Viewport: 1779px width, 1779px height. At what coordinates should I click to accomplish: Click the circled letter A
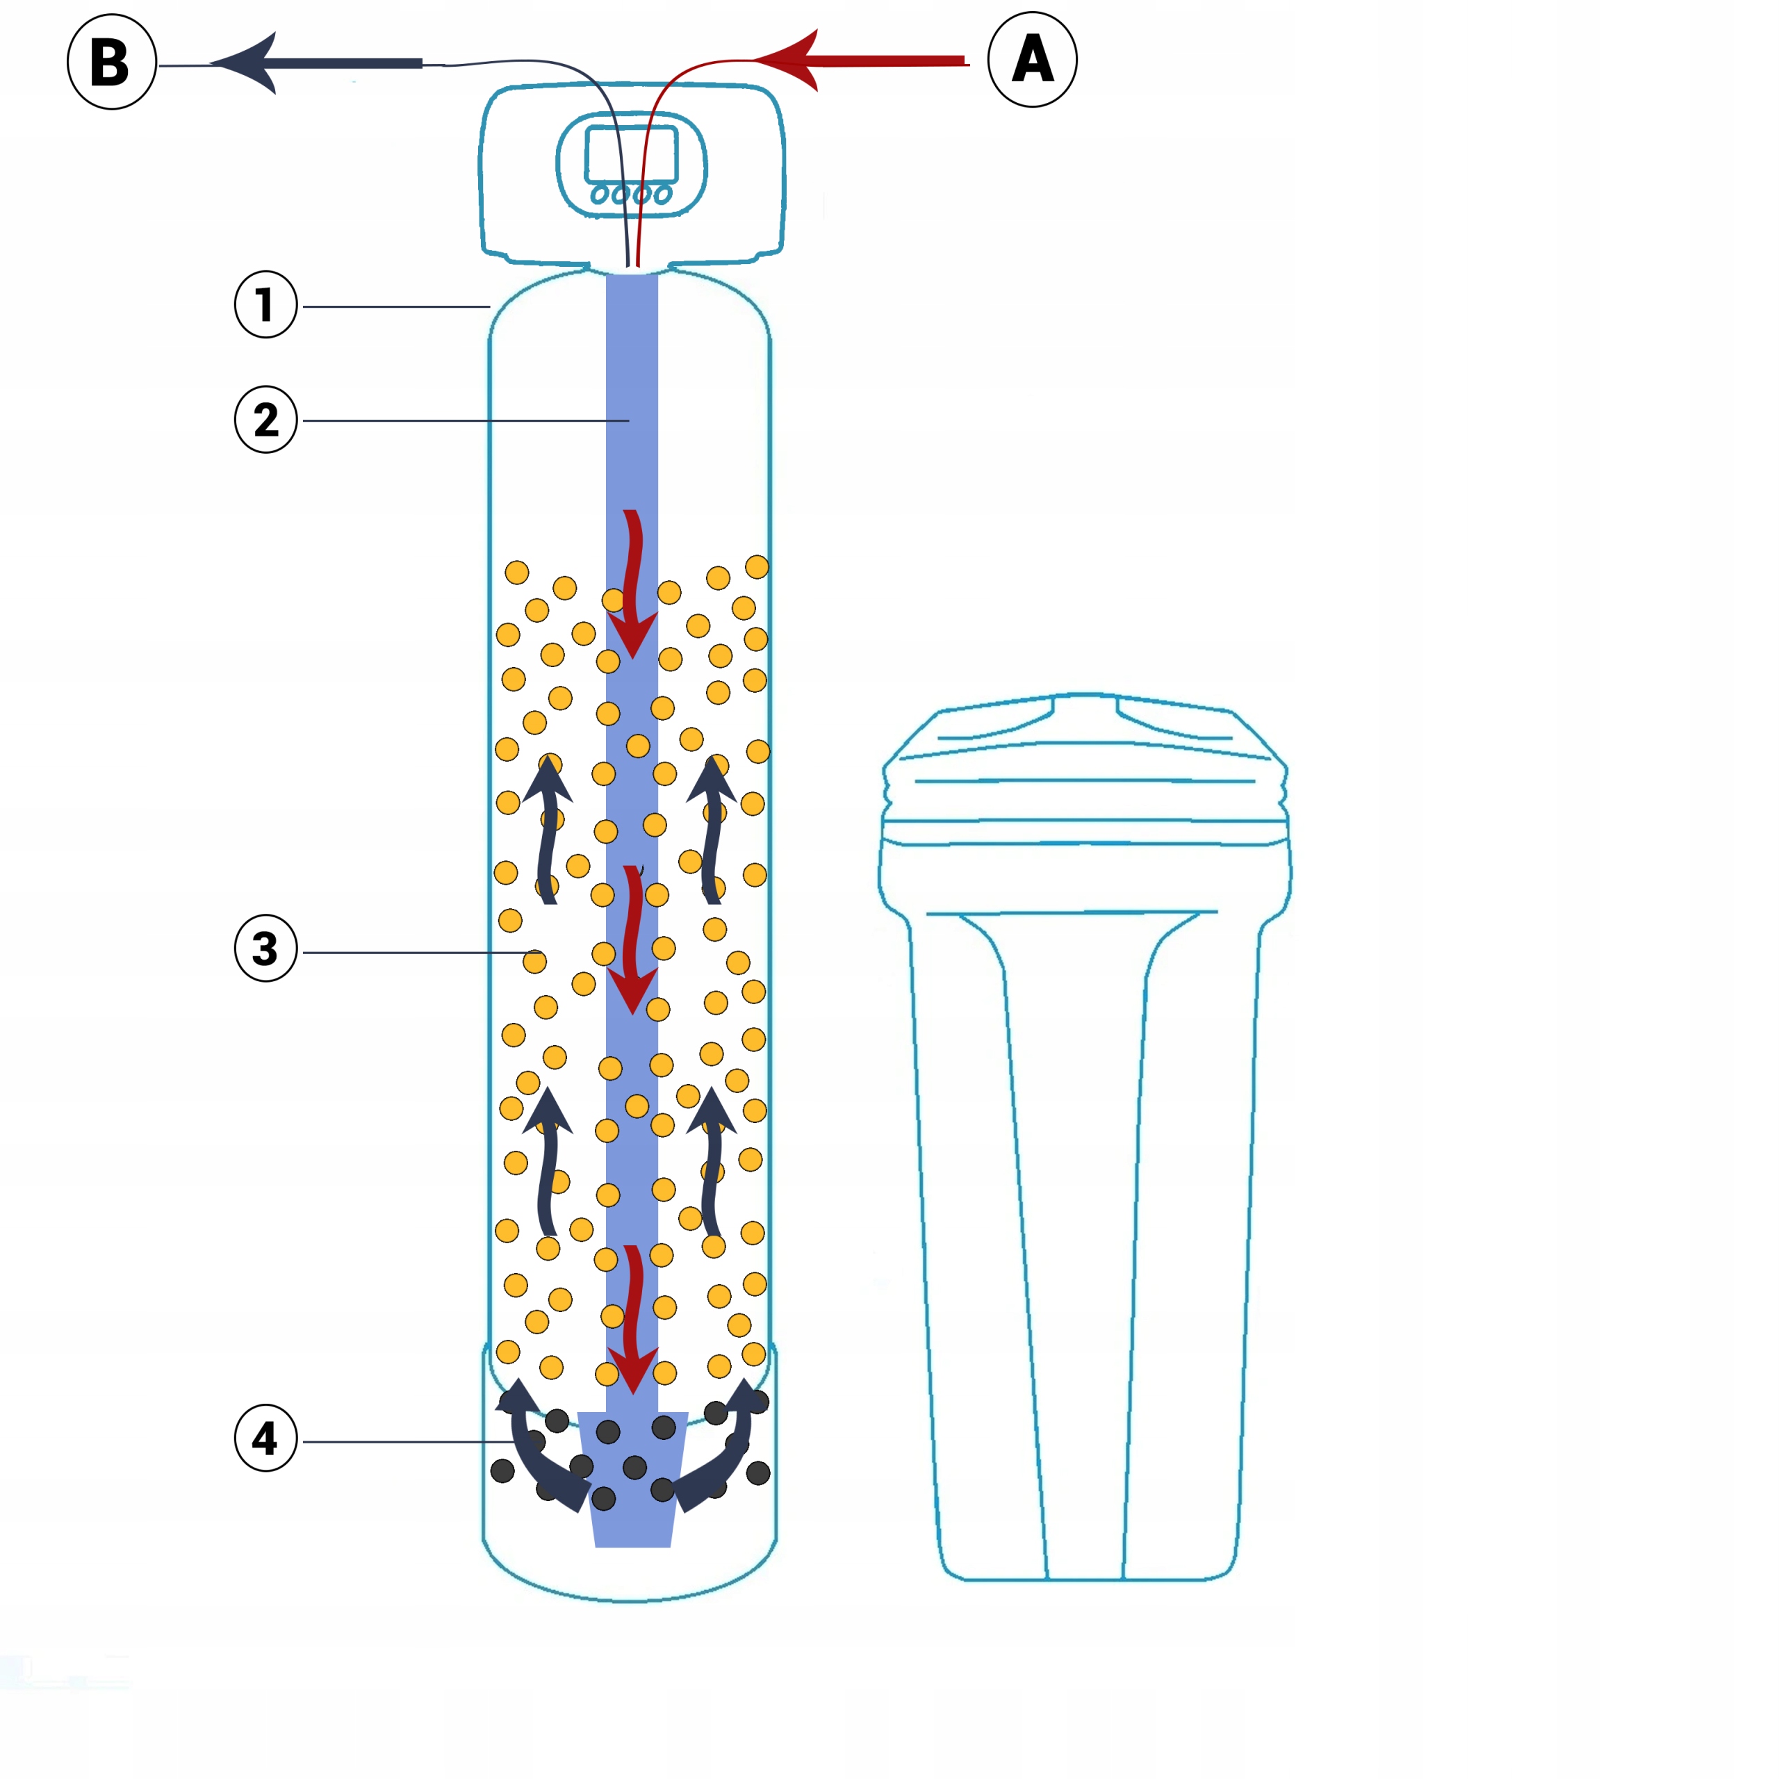coord(1032,59)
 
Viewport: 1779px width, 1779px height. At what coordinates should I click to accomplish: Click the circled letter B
coord(111,62)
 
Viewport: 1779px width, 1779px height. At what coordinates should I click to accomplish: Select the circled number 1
coord(266,305)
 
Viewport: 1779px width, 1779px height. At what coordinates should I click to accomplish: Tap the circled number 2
coord(266,420)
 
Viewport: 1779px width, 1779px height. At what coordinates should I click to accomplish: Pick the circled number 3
coord(266,949)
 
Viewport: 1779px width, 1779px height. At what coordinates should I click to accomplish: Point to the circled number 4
coord(266,1438)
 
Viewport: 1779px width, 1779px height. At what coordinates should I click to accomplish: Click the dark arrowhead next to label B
coord(244,63)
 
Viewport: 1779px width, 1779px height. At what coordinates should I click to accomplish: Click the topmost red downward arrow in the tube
coord(632,584)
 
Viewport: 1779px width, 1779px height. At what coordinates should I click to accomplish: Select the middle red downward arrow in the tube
coord(632,940)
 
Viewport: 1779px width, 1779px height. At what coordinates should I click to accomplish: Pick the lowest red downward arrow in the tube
coord(632,1320)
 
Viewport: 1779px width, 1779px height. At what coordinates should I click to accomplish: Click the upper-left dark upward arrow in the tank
coord(547,829)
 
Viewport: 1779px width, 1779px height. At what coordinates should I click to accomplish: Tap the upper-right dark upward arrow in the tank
coord(712,829)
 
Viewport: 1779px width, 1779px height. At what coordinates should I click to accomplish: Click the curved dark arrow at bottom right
coord(722,1445)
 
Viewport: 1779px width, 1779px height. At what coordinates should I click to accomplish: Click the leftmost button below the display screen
coord(598,195)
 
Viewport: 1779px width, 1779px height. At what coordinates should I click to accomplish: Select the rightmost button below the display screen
coord(662,195)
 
